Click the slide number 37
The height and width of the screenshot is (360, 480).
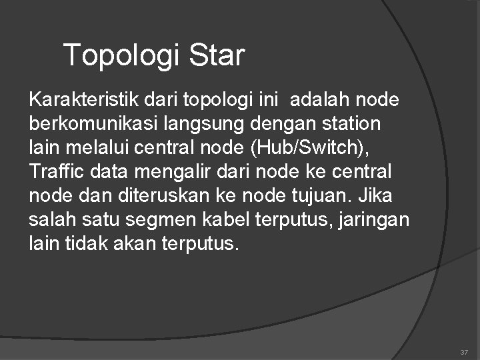click(x=463, y=351)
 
